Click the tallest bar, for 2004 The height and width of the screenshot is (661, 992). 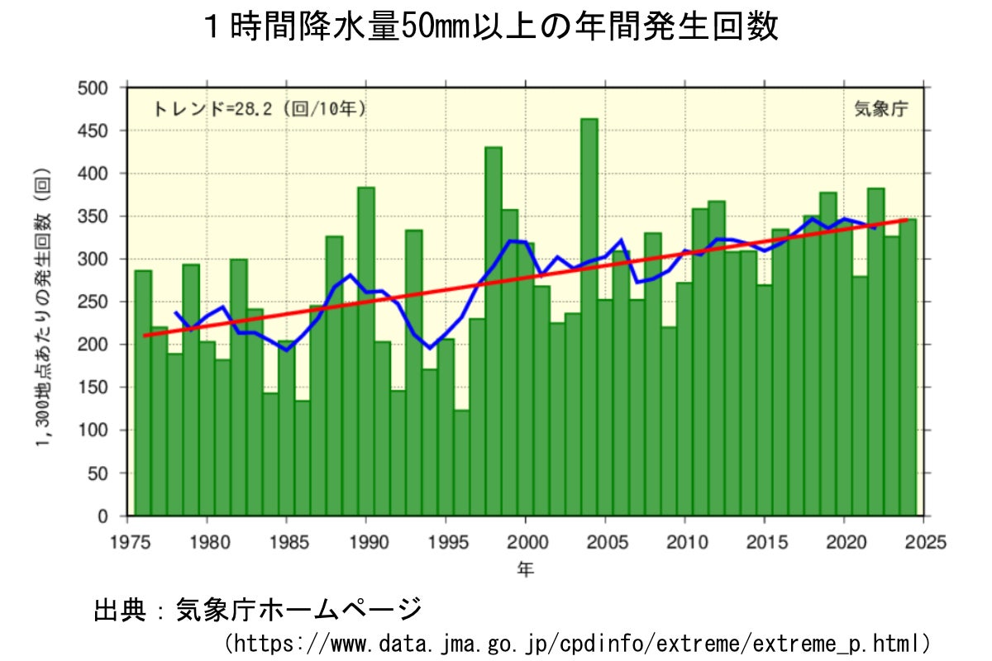pyautogui.click(x=589, y=330)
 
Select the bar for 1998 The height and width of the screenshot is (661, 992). pyautogui.click(x=493, y=347)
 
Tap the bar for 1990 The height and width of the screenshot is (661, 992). pyautogui.click(x=365, y=364)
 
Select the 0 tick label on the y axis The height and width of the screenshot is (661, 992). pyautogui.click(x=102, y=516)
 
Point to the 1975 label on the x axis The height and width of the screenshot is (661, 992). pyautogui.click(x=127, y=542)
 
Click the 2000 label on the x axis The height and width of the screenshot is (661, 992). pyautogui.click(x=526, y=542)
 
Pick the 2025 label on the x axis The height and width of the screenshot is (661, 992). pyautogui.click(x=925, y=542)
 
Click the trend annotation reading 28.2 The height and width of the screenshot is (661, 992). pyautogui.click(x=259, y=109)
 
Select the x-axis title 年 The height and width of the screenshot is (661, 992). pyautogui.click(x=526, y=569)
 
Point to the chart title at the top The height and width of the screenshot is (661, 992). pyautogui.click(x=491, y=28)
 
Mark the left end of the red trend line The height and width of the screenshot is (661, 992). pyautogui.click(x=144, y=335)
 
